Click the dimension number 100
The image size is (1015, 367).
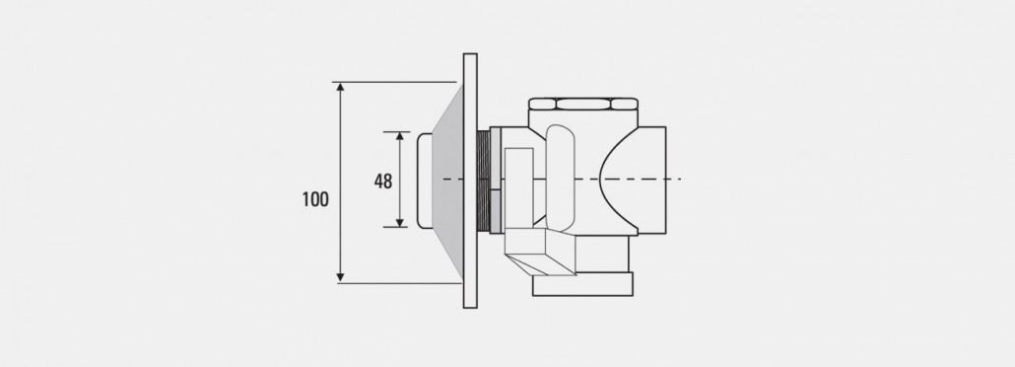[315, 199]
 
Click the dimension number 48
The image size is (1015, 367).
[383, 181]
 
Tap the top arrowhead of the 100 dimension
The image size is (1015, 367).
[341, 87]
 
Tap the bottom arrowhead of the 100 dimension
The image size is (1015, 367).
[341, 277]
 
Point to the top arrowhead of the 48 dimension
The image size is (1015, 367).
[400, 136]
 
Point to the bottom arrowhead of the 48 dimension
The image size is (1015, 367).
[400, 222]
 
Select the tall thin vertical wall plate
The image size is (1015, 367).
[471, 181]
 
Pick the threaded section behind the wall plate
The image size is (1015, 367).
[484, 181]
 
